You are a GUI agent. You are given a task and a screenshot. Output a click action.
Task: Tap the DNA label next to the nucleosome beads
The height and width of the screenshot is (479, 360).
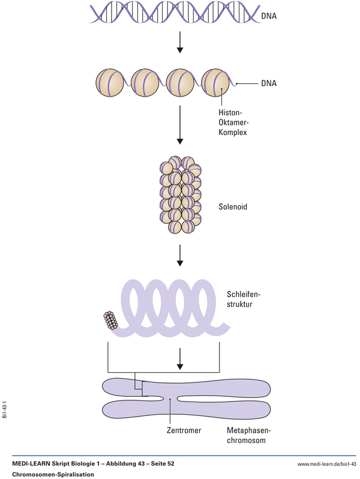pos(269,83)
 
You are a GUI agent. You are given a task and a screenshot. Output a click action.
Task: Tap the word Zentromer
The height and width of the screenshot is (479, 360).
pos(184,430)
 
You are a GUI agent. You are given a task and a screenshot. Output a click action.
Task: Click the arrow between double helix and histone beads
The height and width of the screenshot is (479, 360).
pos(180,43)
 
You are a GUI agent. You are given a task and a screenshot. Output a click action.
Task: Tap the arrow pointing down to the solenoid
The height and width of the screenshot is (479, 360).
pos(180,126)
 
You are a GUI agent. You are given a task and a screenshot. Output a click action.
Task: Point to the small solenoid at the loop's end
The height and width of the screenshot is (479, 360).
pos(110,321)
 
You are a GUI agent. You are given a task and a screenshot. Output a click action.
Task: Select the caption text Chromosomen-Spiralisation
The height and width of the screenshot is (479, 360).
pos(53,474)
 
